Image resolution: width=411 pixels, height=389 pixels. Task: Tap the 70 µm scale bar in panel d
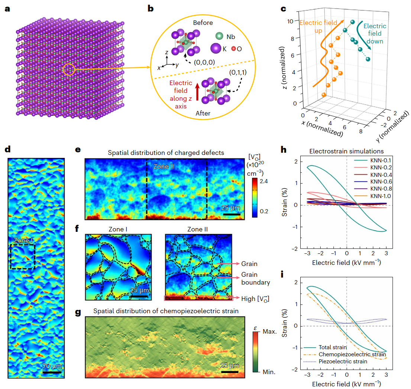[52, 372]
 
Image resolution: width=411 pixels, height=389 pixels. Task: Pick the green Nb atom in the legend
[219, 37]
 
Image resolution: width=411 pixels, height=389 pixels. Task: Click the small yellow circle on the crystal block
[69, 69]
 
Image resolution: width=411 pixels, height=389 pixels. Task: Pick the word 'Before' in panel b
[203, 23]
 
